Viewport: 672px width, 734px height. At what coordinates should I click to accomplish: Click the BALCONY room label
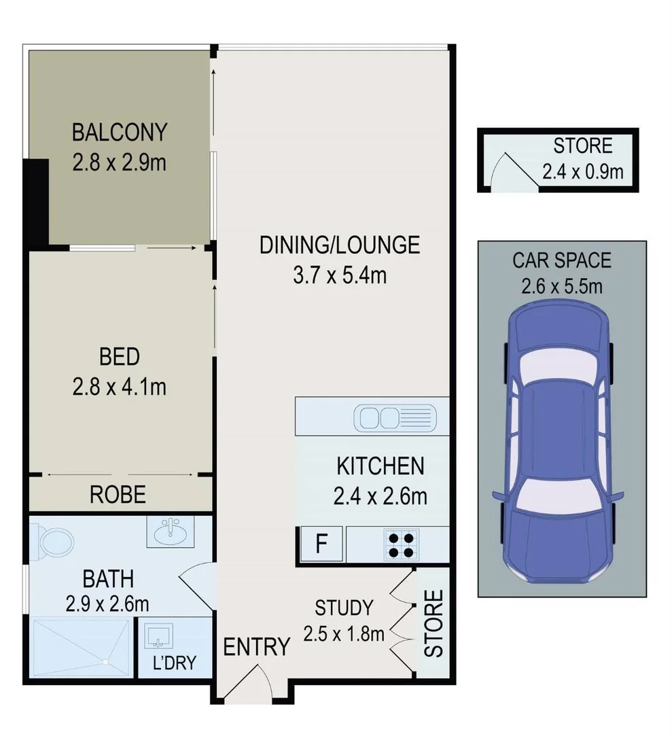point(120,130)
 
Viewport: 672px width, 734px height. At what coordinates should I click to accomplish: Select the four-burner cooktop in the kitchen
point(401,545)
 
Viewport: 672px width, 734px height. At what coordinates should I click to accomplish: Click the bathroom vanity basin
point(171,531)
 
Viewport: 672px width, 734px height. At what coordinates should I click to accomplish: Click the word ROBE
point(118,495)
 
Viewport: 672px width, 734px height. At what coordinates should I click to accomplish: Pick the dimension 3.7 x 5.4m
point(339,276)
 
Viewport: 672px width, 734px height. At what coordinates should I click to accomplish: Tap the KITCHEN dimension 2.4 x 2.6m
point(381,497)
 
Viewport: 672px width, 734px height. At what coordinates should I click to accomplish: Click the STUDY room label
point(344,607)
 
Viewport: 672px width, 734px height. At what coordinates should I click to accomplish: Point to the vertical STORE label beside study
point(433,623)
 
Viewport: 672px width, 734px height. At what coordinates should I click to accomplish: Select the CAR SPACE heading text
point(561,260)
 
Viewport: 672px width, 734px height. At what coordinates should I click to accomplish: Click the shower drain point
point(105,661)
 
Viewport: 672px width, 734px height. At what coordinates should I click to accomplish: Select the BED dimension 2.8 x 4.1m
point(120,387)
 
